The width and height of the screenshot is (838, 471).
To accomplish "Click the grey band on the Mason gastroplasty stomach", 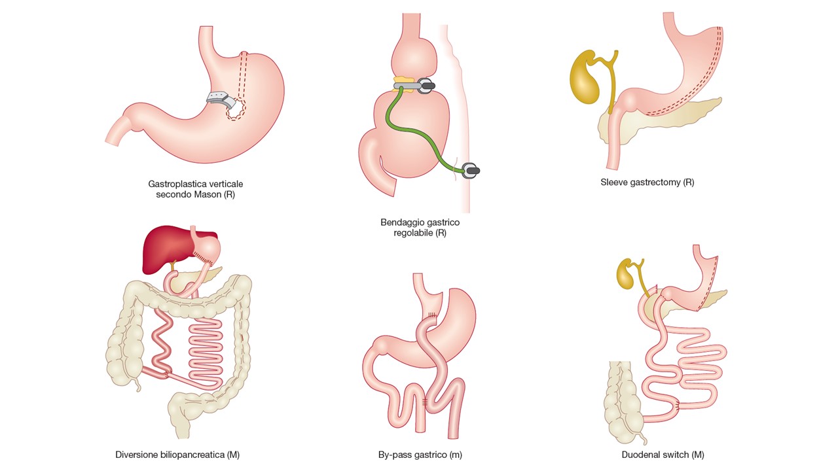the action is (221, 99).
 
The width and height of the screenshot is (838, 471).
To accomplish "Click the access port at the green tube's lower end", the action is (471, 171).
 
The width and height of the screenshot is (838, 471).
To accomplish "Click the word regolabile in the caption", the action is (413, 233).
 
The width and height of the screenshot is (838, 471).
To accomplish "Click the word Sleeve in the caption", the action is (612, 183).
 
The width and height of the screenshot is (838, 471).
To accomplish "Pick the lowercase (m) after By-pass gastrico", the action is (455, 455).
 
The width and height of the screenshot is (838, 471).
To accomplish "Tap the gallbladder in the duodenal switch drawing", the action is (625, 274).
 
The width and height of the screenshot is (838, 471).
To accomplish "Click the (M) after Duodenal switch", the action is (698, 455).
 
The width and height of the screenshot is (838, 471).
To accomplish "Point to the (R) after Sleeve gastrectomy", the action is (688, 183).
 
